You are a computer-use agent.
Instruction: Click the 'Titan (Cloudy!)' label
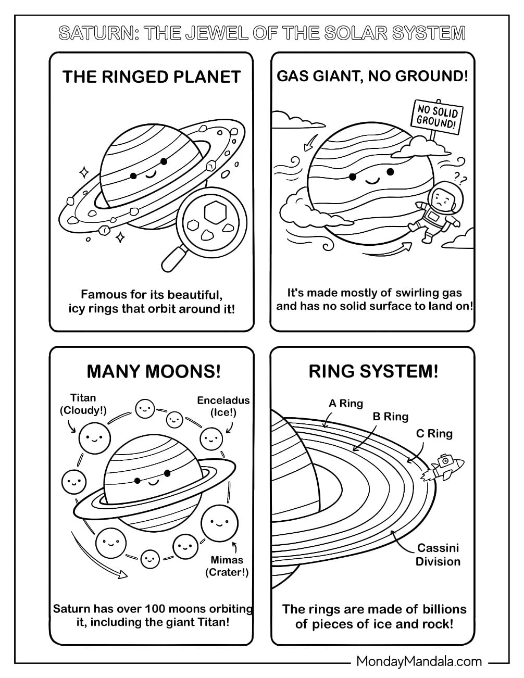pos(83,404)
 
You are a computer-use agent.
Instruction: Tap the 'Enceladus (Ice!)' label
pos(223,406)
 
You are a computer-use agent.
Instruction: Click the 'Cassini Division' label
pos(438,555)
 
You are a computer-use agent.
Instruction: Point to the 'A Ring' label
pos(345,403)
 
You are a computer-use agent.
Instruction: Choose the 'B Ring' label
pos(390,417)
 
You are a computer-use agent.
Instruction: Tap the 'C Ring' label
pos(434,433)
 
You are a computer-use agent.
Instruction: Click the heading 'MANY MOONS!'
pos(154,371)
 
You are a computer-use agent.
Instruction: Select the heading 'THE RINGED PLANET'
pos(152,77)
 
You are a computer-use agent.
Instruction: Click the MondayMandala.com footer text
pos(419,661)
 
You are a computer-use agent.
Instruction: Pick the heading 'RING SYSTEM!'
pos(373,371)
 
